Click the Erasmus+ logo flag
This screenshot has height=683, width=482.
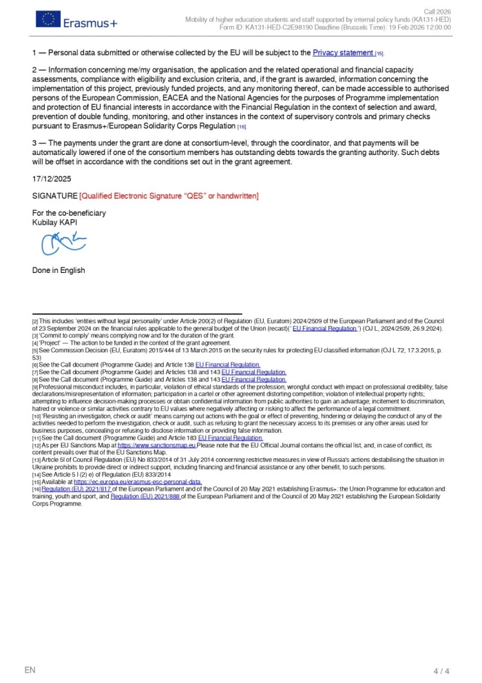tap(48, 19)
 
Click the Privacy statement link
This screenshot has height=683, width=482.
tap(343, 52)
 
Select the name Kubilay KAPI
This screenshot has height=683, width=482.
tap(58, 223)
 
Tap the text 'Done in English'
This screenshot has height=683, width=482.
tap(59, 270)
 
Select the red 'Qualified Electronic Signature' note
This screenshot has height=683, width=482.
tap(169, 196)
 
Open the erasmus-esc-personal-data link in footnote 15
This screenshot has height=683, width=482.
tap(138, 482)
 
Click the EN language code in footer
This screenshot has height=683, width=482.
tap(30, 670)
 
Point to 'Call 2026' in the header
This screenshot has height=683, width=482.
tap(437, 12)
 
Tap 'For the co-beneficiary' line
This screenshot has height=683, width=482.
tap(69, 213)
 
